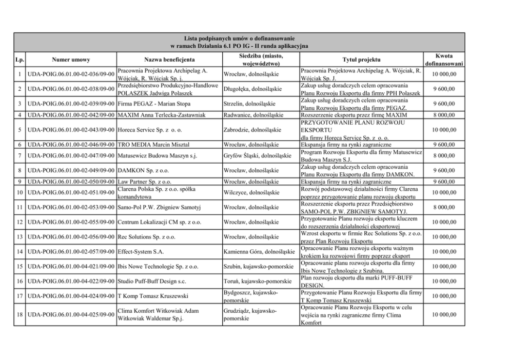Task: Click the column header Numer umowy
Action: point(71,59)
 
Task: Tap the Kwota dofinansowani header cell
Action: point(444,59)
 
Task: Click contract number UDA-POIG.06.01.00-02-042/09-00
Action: point(71,115)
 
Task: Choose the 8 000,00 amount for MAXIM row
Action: point(444,115)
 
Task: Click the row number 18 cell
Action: point(18,314)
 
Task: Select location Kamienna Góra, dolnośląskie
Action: point(259,252)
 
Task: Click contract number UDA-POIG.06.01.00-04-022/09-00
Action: point(71,282)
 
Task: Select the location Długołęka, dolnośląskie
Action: point(252,89)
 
